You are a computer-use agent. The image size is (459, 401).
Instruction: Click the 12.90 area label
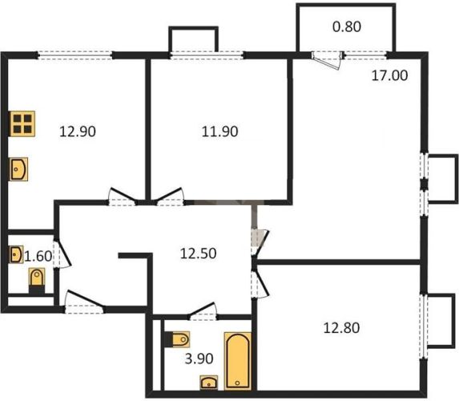coord(78,132)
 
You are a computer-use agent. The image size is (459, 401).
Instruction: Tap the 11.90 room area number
coord(219,132)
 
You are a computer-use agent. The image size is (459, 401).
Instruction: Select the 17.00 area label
coord(389,75)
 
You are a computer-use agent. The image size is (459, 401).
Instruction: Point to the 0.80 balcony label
coord(347,26)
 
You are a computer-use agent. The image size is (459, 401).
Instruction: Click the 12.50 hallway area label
coord(198,253)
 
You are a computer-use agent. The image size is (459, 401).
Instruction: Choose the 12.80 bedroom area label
coord(341,328)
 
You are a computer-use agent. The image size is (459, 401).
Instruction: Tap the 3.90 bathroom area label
coord(199,358)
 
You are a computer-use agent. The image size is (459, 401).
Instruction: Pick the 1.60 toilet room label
coord(38,257)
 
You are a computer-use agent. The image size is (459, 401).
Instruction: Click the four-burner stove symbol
coord(22,124)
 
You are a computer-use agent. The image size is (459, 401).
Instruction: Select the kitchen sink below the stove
coord(18,169)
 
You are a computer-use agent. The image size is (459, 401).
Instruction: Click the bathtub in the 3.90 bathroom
coord(238,361)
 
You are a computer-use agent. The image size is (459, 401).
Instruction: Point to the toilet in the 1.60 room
coord(37,281)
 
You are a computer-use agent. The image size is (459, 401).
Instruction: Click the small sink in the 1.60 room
coord(16,254)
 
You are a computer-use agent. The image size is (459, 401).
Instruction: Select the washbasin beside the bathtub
coord(209,383)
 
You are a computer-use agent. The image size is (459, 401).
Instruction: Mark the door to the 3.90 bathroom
coord(203,310)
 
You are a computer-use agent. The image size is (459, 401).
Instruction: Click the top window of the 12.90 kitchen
coord(75,55)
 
